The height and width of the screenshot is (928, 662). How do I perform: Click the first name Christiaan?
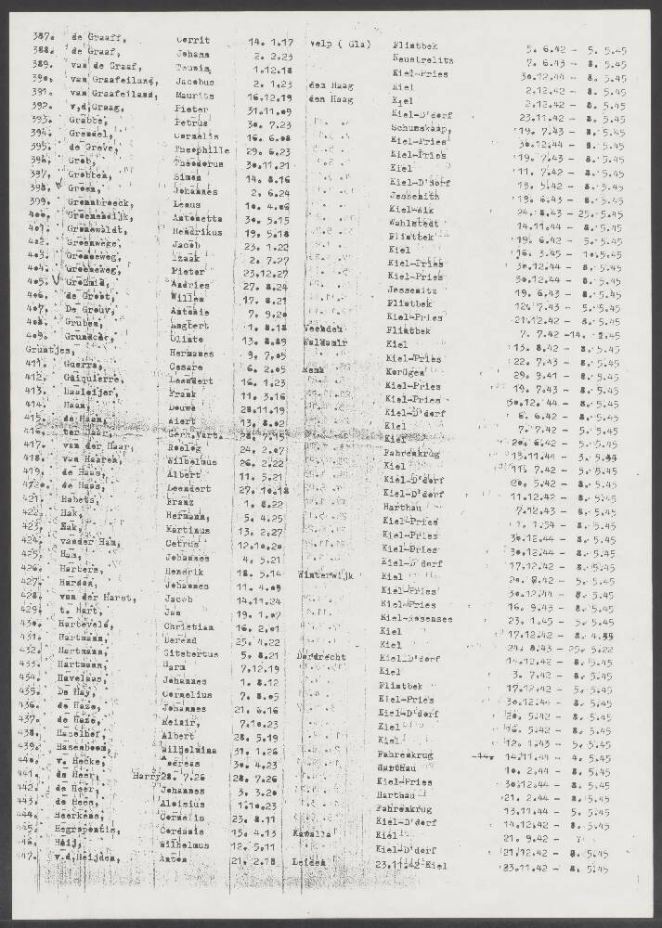198,629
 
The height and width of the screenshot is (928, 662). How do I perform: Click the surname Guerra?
83,365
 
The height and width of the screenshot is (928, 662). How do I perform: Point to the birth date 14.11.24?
263,600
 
